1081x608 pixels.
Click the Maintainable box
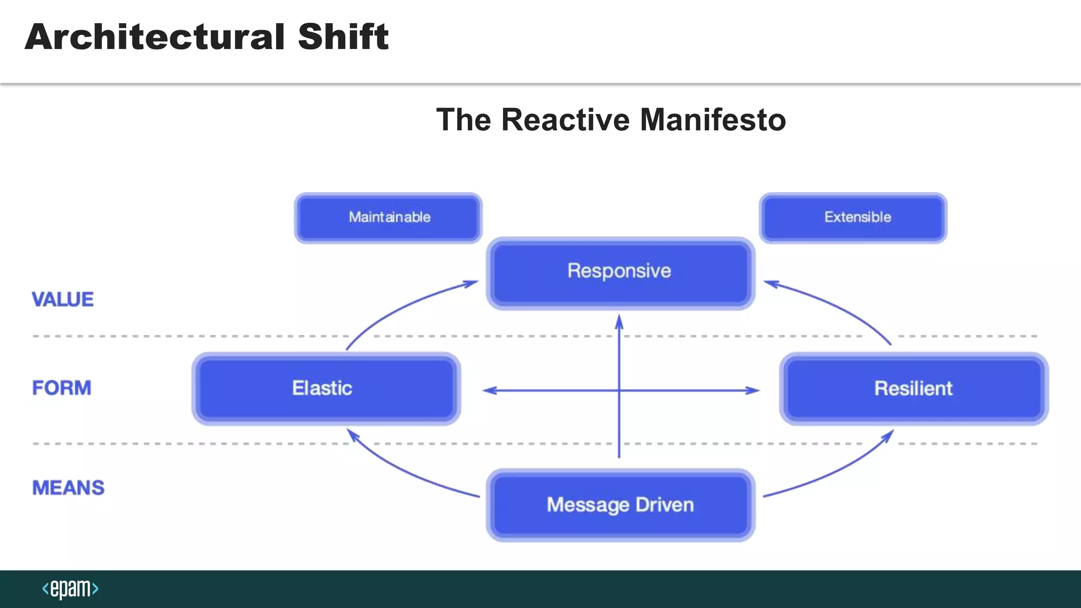388,217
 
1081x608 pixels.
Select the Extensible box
853,217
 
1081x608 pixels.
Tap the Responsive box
620,273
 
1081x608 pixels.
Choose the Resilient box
914,388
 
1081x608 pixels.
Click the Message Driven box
620,505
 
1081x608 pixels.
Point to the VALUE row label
63,300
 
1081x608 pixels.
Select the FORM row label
62,388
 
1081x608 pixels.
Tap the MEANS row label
69,488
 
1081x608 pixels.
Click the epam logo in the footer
70,588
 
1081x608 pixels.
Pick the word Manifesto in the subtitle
713,120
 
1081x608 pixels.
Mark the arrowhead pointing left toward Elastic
489,391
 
